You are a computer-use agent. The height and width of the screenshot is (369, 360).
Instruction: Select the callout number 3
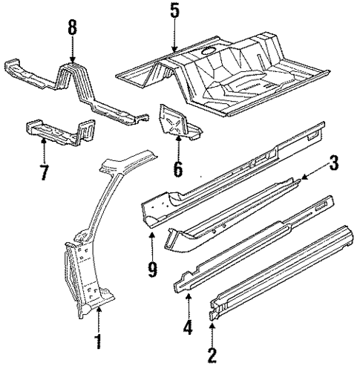click(334, 183)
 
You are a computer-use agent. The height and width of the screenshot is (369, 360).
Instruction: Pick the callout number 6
click(178, 169)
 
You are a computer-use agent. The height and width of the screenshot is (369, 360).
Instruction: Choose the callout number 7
click(43, 172)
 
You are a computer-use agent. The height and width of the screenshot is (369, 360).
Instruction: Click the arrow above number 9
click(152, 241)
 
